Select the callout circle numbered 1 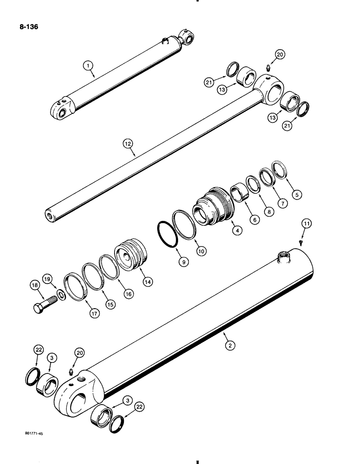(87, 66)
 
